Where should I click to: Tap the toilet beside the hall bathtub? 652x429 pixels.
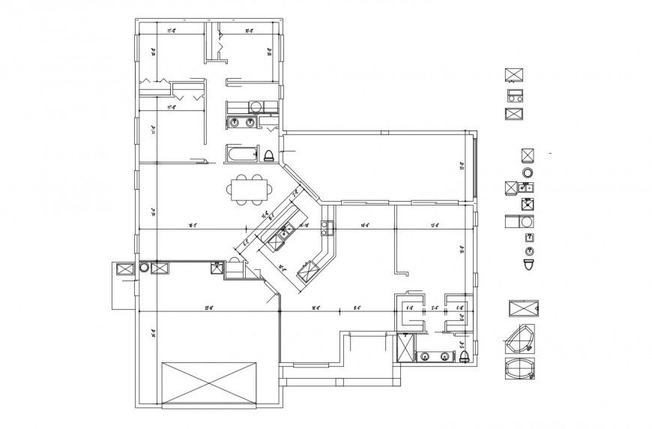pos(268,155)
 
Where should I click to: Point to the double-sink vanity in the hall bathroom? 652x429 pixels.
pos(242,121)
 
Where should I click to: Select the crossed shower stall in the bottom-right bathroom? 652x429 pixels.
pos(405,348)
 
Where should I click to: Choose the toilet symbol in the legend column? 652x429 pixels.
pos(529,265)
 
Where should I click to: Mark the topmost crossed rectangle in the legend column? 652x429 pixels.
pos(514,73)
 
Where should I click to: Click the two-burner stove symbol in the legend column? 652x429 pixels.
pos(514,94)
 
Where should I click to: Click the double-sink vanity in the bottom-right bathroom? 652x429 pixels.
pos(435,356)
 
